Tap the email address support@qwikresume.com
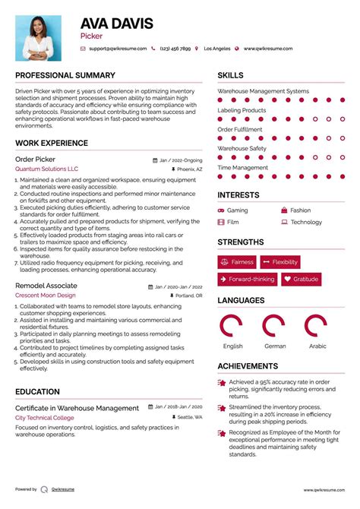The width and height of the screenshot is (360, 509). coord(115,48)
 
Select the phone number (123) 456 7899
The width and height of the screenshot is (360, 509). coord(176,48)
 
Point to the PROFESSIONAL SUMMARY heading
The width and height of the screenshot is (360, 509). coord(65,75)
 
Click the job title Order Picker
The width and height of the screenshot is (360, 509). coord(35,159)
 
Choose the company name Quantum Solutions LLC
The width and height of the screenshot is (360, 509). coord(46,169)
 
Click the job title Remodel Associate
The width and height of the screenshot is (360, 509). coord(46,286)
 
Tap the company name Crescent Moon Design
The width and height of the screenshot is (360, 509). coord(46,296)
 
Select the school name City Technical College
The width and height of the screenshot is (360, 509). coord(45,418)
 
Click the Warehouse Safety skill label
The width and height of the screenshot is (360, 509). coord(242,148)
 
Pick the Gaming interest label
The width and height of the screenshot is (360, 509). coord(237,210)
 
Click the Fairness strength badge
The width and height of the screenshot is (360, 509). coord(236,262)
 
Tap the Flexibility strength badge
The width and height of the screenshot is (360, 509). coord(279,262)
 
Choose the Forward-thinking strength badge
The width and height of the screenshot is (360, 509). coord(247,280)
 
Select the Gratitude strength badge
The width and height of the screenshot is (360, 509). coord(301,280)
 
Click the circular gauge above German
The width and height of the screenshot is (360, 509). coord(274,325)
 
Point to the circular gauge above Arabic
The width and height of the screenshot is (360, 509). coord(317,325)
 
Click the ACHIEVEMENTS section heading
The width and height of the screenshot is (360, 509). coord(248,366)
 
